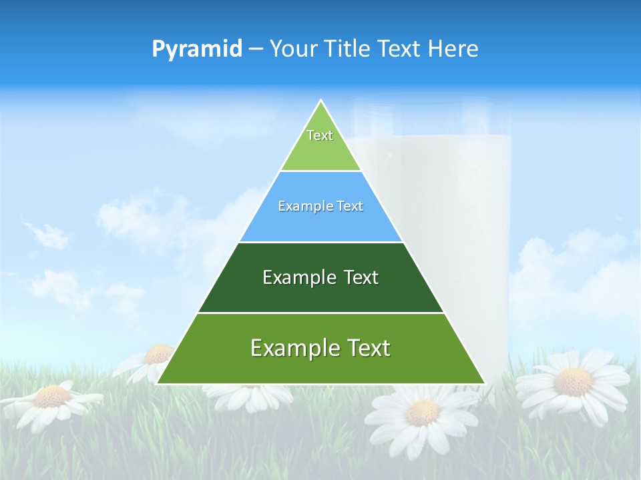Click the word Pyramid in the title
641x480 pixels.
(196, 49)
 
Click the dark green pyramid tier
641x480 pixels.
(320, 293)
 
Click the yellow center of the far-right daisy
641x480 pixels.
(573, 381)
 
